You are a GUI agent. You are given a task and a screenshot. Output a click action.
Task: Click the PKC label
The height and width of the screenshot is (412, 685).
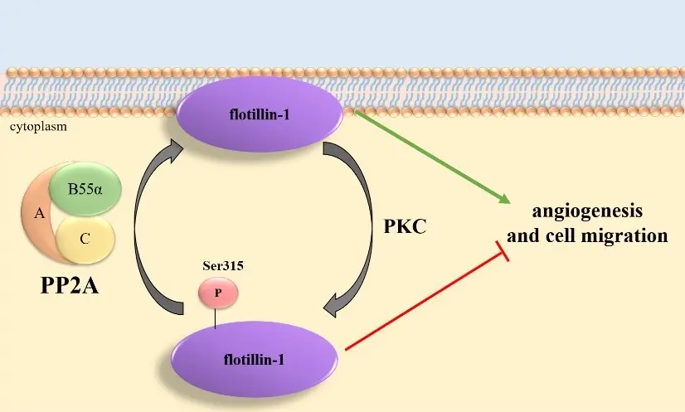tap(406, 225)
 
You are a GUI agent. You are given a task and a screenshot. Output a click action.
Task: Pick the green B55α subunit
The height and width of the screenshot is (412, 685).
tap(85, 190)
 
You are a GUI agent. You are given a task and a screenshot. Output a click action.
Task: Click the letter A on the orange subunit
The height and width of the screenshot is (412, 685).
tap(39, 213)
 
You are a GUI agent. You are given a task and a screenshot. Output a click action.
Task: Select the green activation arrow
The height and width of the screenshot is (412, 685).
tap(431, 158)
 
